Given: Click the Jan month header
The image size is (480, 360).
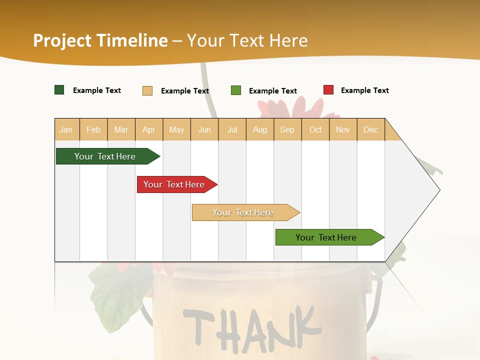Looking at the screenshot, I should pos(66,129).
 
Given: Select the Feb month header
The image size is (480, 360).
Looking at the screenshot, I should pos(93,129).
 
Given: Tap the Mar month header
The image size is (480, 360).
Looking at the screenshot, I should pos(121,129).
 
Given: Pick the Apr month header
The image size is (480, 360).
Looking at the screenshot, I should pos(149,129).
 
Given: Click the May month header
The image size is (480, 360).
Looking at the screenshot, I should pos(176,129).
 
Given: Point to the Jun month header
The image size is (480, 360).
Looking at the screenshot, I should pos(204,129).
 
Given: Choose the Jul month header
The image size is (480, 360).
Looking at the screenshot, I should pos(232,129).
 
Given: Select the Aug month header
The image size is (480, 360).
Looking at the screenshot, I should pos(260,129).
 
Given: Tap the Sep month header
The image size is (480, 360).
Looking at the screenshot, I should pos(287,129).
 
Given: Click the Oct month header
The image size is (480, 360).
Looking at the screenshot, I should pos(315,129).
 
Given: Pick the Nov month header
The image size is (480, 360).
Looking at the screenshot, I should pos(343,129).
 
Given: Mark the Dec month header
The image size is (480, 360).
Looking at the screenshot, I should pos(371,129).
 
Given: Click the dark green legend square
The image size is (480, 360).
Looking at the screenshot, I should pos(59,90).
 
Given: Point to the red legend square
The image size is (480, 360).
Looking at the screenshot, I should pos(328,90).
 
